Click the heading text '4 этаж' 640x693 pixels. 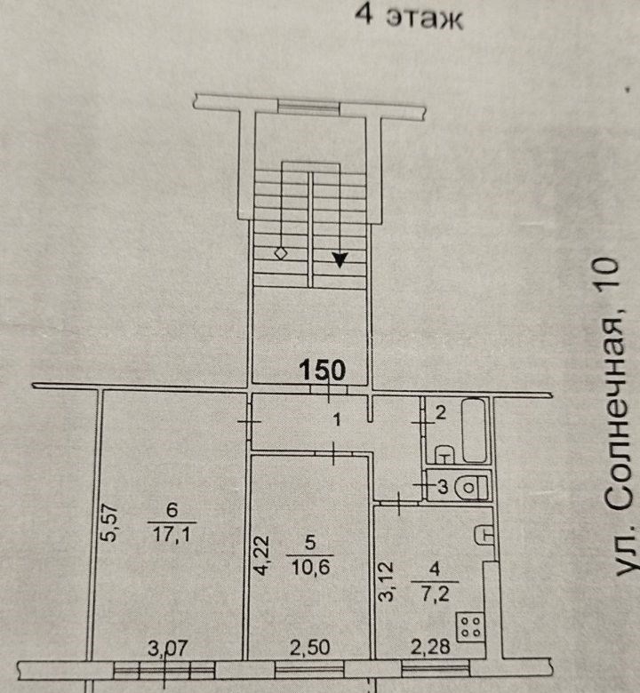[409, 19]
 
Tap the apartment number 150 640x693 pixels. [323, 370]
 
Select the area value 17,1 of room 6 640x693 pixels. [172, 535]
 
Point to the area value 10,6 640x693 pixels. [310, 567]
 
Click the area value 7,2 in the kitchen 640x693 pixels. [436, 594]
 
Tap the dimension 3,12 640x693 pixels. [386, 581]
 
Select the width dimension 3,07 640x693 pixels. [168, 649]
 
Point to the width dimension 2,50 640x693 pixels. [310, 648]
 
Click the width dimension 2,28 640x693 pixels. [430, 648]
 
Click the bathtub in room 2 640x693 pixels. [474, 431]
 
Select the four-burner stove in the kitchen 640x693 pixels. [470, 627]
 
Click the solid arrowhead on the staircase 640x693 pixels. [340, 259]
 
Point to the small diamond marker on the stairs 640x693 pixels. [281, 254]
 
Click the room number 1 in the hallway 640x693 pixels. [337, 420]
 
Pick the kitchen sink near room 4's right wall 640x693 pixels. [484, 535]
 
